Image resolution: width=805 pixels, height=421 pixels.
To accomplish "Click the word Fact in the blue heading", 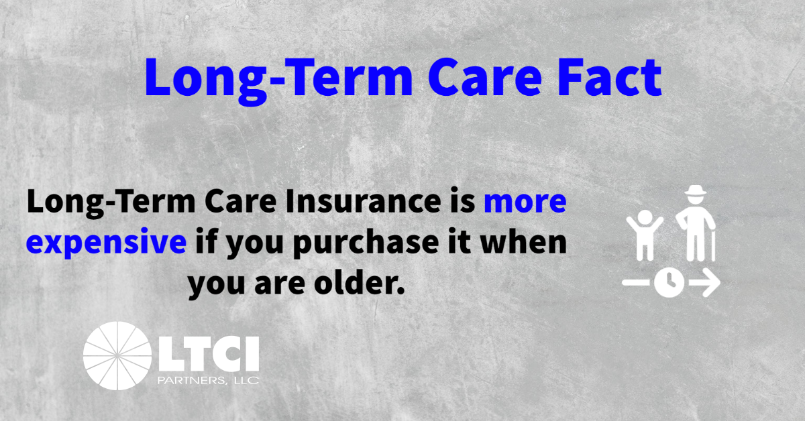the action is click(609, 78).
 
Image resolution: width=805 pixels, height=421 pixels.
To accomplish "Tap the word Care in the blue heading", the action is click(485, 78).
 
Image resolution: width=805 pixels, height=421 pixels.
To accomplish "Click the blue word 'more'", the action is click(525, 203).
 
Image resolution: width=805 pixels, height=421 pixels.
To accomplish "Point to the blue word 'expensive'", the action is click(106, 242).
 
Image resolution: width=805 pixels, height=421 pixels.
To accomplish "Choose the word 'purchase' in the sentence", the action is click(366, 243).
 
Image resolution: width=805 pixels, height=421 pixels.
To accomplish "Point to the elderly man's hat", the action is click(696, 190).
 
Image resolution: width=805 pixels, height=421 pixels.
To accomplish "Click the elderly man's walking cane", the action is click(713, 246).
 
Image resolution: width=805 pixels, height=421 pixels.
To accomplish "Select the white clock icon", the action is click(669, 282).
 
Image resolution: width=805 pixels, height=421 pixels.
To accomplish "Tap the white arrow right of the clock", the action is click(705, 282).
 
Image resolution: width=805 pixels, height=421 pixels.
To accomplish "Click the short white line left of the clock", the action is click(636, 282).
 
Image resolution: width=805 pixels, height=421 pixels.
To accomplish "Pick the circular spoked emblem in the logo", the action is click(117, 355).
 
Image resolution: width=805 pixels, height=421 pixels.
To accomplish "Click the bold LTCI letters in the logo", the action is click(209, 354).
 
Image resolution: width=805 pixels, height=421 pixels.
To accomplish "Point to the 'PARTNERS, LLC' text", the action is click(209, 380).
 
